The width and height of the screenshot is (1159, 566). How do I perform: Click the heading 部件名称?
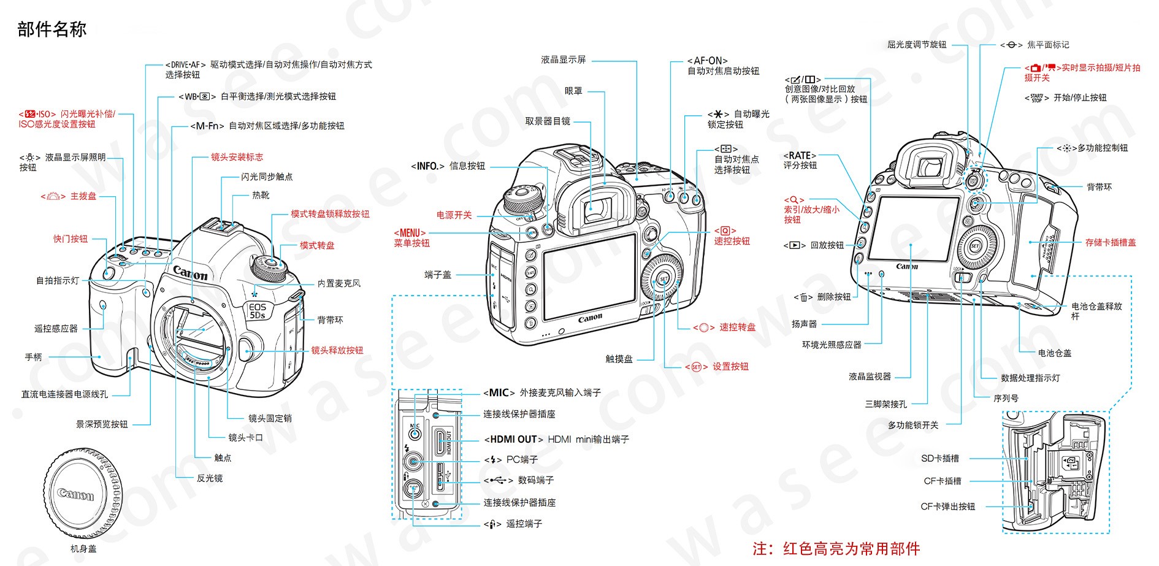(x=52, y=29)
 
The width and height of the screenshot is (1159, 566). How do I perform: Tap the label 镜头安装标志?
(x=237, y=157)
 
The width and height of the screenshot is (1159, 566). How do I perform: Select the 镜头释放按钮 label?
(x=337, y=350)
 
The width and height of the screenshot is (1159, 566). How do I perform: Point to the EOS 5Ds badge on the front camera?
(x=257, y=310)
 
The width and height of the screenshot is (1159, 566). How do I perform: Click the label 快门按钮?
(x=71, y=239)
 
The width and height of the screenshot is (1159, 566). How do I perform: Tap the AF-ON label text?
(x=707, y=61)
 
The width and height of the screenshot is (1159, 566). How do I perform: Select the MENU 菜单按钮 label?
(x=411, y=238)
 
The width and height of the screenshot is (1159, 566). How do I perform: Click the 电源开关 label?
(x=454, y=215)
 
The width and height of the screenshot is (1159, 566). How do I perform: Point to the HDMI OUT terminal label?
(x=556, y=439)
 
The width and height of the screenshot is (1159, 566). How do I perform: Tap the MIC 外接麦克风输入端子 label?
(x=542, y=392)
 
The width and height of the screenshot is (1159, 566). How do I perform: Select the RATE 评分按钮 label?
(x=800, y=160)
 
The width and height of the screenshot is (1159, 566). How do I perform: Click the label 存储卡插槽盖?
(x=1110, y=242)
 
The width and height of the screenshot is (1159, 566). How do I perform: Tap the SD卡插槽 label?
(x=940, y=458)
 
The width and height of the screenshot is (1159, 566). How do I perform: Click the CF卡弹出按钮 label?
(x=947, y=507)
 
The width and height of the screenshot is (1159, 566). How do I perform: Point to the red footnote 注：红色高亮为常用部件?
(x=836, y=548)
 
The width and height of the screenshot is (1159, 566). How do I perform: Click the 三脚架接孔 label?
(x=886, y=404)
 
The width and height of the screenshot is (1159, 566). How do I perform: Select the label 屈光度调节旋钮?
(x=916, y=45)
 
